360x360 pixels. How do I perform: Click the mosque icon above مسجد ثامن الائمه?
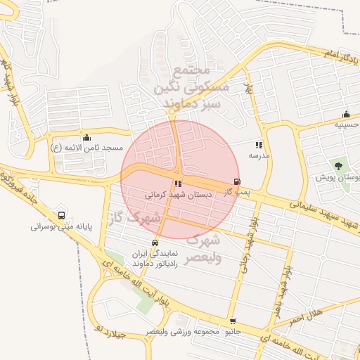pyautogui.click(x=86, y=137)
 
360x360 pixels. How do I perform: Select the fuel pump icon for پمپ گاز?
pyautogui.click(x=236, y=181)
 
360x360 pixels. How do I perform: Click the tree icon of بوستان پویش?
pyautogui.click(x=338, y=166)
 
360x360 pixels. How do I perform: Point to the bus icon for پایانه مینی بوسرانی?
pyautogui.click(x=61, y=215)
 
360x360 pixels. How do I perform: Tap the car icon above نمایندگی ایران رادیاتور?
pyautogui.click(x=155, y=243)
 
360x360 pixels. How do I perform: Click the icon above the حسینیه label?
pyautogui.click(x=345, y=114)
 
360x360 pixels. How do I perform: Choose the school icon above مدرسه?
pyautogui.click(x=259, y=144)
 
